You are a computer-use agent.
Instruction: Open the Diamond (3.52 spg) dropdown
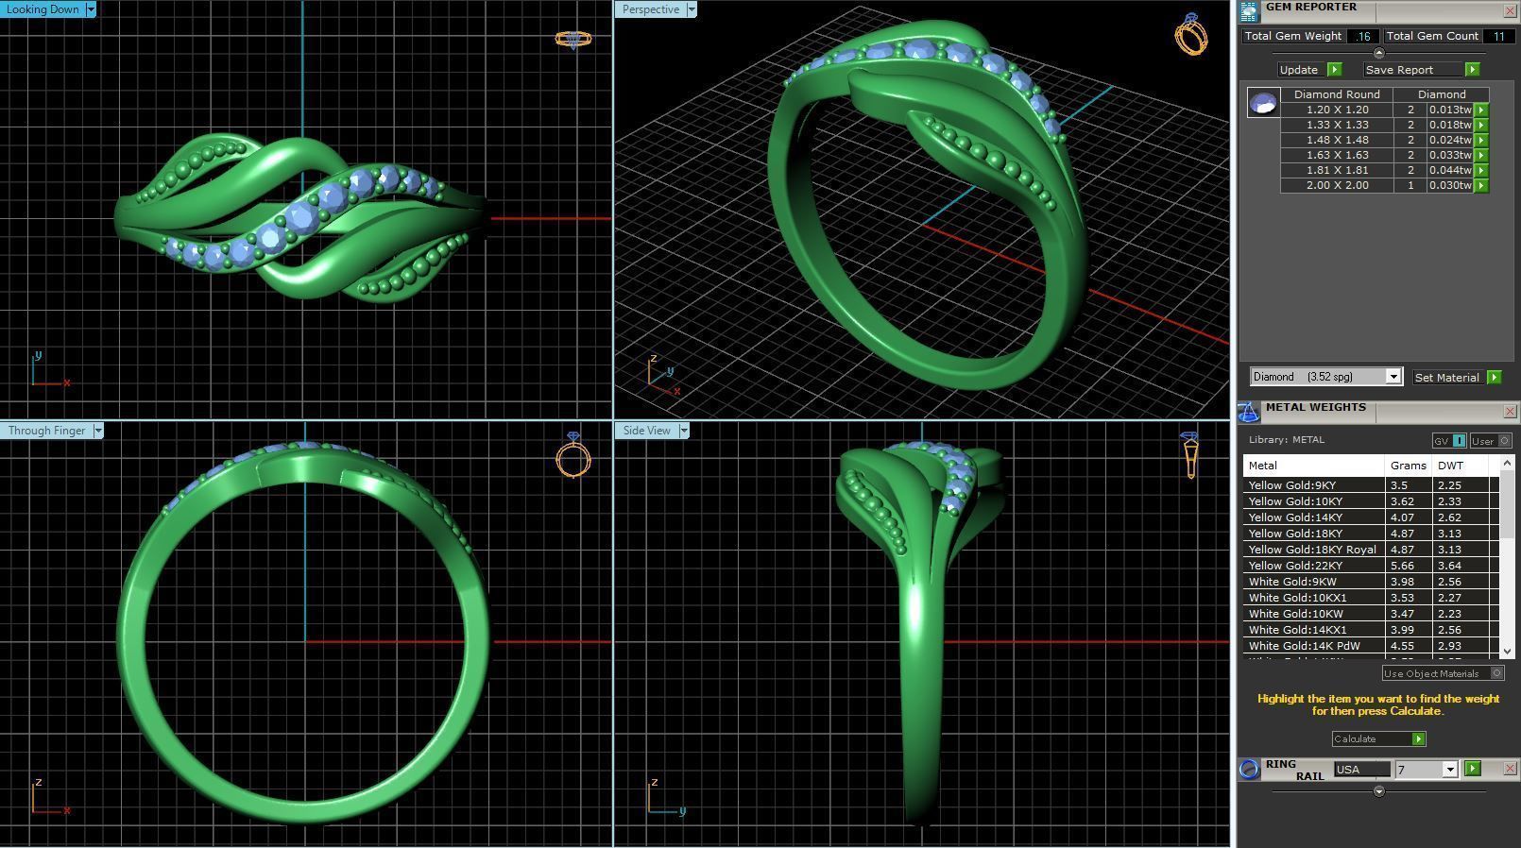click(1393, 377)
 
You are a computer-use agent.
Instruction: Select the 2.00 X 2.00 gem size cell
click(1337, 185)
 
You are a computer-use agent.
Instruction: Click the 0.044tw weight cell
click(1449, 170)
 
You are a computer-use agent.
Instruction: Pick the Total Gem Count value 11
click(1498, 36)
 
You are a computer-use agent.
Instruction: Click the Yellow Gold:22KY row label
click(1291, 566)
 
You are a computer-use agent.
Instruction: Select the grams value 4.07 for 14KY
click(1401, 517)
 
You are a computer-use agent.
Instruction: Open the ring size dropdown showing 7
click(1449, 770)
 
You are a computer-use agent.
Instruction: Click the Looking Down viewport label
click(43, 8)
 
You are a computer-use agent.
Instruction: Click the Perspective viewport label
click(651, 9)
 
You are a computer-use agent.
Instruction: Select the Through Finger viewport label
click(47, 431)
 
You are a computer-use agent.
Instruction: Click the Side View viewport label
click(647, 431)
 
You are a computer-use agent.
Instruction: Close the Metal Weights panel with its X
click(1510, 411)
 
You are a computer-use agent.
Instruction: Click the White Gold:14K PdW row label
click(1304, 646)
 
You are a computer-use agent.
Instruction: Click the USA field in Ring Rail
click(1360, 770)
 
